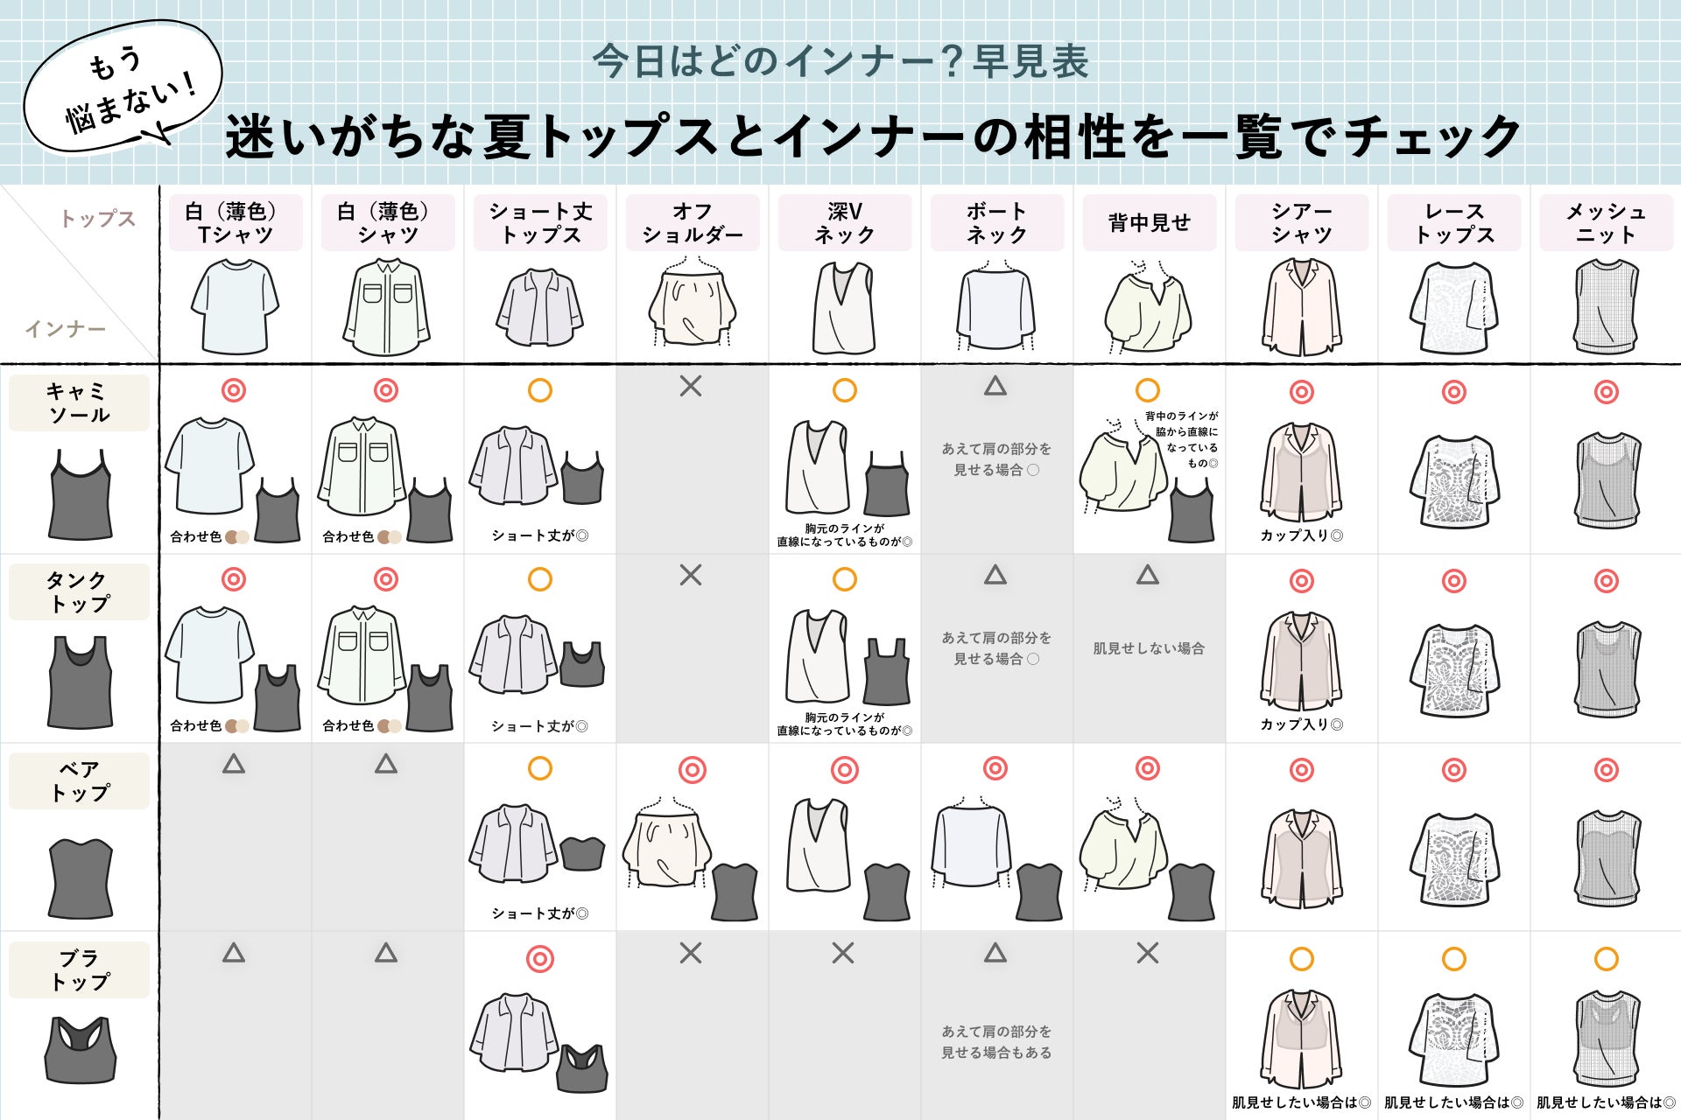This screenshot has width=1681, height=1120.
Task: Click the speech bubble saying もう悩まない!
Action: coord(123,87)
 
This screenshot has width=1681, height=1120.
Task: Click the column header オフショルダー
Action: coord(692,223)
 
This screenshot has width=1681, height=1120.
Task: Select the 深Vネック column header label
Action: coord(844,223)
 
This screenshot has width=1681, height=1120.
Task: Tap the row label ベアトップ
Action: coord(79,780)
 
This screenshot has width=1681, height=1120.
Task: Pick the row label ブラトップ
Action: coord(79,969)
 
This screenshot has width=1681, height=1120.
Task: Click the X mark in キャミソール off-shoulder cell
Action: coord(691,386)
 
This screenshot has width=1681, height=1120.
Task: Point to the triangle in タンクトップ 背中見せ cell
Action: coord(1148,575)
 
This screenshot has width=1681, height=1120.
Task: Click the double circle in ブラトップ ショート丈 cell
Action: coord(540,959)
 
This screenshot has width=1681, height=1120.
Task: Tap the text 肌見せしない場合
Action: coord(1148,648)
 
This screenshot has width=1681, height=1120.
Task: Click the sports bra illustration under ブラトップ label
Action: coord(81,1049)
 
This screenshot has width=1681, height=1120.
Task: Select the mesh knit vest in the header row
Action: coord(1605,306)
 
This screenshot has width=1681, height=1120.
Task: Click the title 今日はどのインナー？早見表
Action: coord(840,61)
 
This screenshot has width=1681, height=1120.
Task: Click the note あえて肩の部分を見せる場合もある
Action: coord(996,1042)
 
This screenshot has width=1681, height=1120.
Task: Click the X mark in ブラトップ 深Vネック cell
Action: coord(843,953)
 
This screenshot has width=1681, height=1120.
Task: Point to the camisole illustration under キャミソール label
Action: coord(81,496)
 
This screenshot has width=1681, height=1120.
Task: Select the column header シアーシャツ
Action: coord(1301,223)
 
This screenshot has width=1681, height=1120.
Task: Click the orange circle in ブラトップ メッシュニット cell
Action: coord(1606,959)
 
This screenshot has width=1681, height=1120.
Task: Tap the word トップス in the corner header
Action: coord(98,219)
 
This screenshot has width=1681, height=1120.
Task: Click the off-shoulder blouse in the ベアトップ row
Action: coord(667,844)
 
